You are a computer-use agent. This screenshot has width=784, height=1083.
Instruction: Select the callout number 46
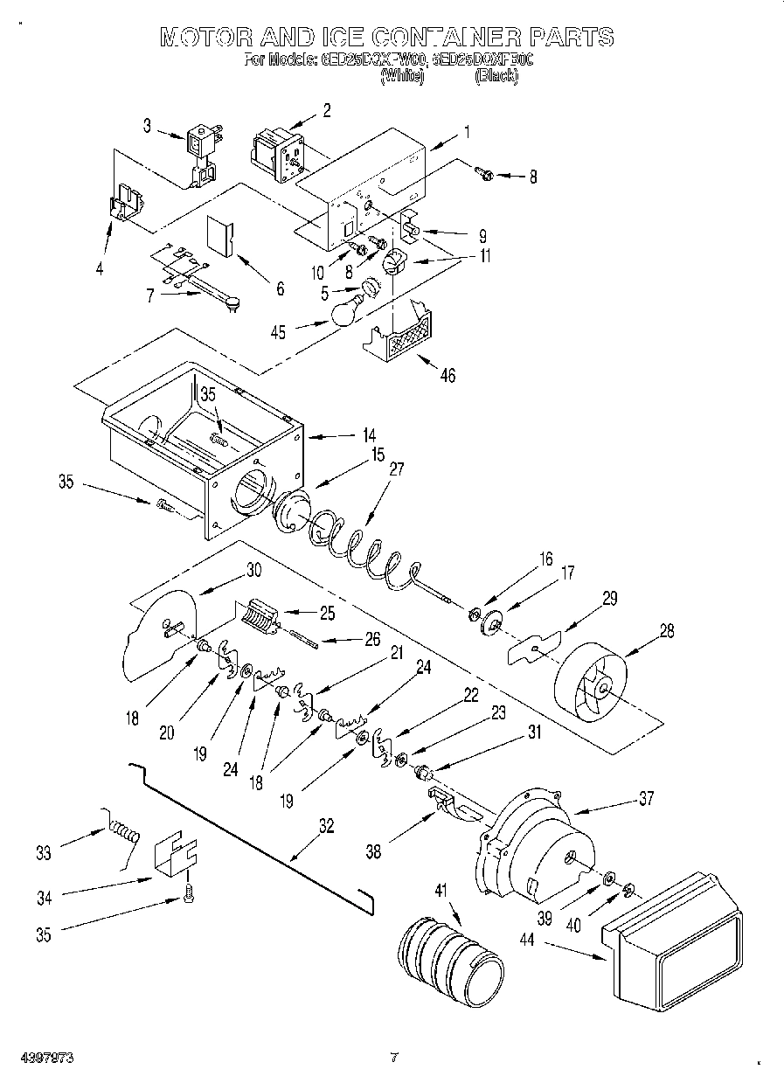tap(447, 377)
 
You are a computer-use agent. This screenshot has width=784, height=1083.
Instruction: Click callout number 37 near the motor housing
tap(646, 797)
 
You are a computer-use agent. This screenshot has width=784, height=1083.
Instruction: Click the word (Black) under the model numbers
tap(496, 77)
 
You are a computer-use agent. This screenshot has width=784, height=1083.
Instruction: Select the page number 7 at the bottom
tap(393, 1059)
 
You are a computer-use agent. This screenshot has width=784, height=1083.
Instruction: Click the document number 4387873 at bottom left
tap(49, 1059)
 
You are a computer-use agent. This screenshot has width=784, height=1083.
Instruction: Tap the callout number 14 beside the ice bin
tap(370, 434)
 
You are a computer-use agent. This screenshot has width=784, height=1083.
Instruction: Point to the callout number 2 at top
tap(326, 110)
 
